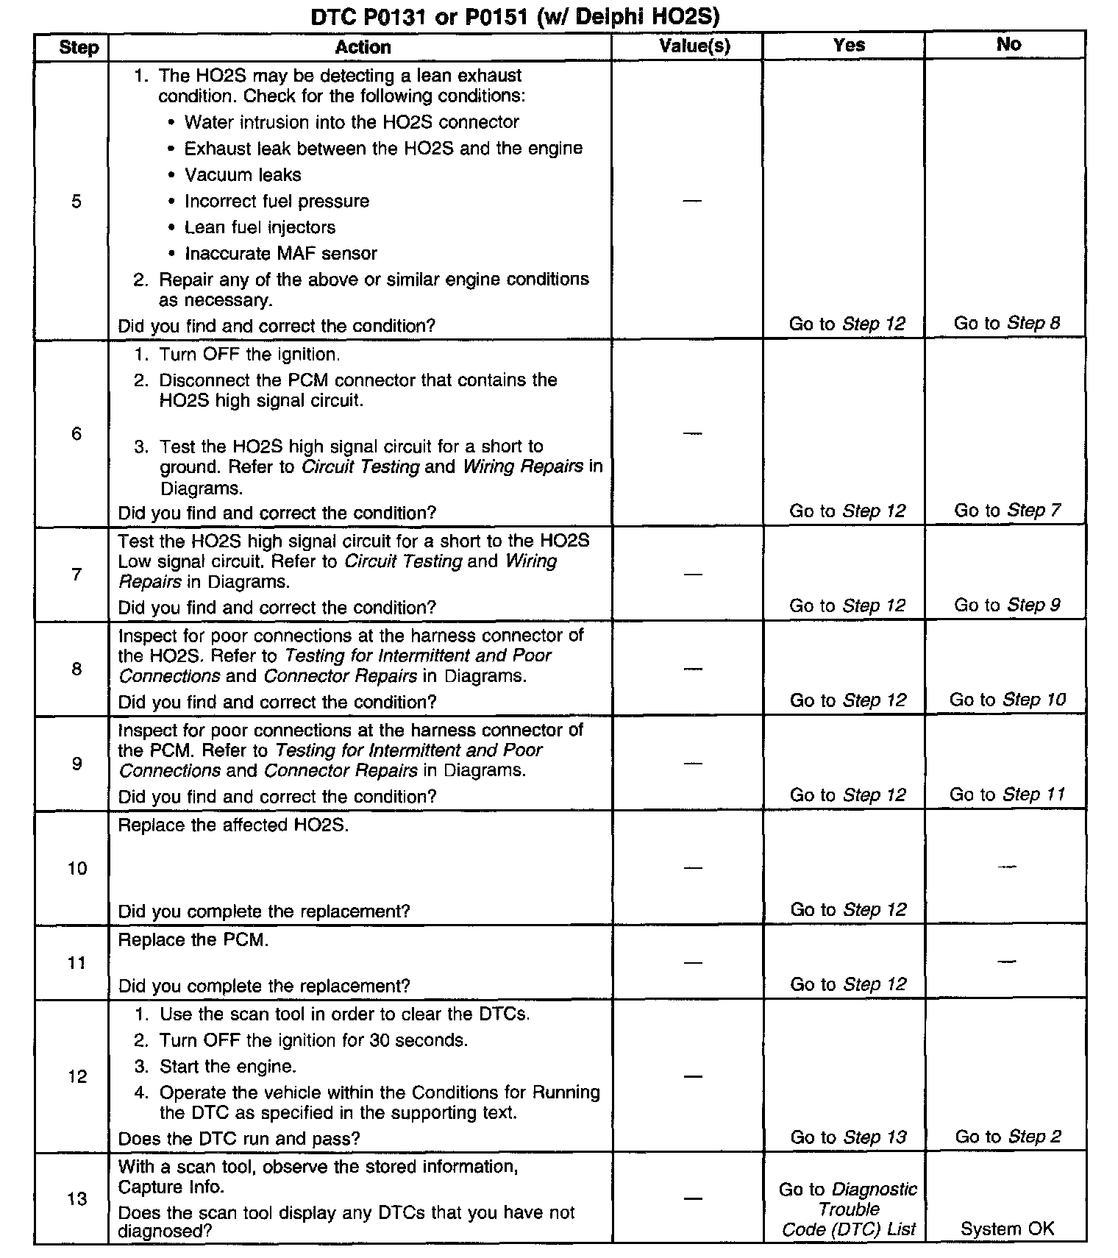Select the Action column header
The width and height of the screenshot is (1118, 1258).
[363, 47]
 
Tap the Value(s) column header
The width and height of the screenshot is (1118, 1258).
[694, 46]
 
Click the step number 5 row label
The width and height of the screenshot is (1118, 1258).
[76, 202]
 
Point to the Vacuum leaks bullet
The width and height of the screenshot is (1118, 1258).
[243, 175]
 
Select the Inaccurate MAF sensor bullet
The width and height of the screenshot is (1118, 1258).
[280, 254]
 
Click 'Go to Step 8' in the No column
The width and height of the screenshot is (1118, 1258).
[1007, 323]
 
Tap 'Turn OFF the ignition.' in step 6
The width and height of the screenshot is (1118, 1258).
[249, 355]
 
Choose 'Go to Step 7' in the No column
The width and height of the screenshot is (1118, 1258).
[1007, 511]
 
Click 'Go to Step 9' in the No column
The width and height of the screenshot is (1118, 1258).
[1007, 605]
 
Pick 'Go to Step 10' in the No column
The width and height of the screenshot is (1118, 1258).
[1007, 700]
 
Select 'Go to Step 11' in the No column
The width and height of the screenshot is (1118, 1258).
[1007, 795]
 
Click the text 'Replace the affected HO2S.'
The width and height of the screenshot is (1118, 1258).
[233, 825]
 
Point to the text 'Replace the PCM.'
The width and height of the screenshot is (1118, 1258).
[193, 940]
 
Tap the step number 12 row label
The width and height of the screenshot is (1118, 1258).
[77, 1077]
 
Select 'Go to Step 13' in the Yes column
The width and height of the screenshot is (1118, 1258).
[848, 1137]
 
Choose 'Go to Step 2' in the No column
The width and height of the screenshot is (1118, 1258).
[1008, 1137]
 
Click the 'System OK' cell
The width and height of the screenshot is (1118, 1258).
[1007, 1229]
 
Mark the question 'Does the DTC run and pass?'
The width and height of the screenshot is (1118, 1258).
[239, 1139]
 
